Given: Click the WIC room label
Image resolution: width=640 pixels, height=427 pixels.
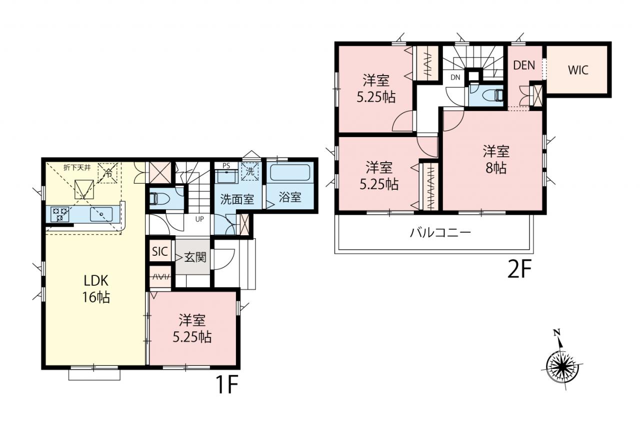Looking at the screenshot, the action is (578, 70).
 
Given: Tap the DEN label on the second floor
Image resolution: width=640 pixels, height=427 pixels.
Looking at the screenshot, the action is (524, 66).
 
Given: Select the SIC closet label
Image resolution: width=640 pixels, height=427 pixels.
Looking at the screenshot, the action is (159, 251).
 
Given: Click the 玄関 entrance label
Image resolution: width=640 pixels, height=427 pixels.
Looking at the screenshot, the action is (195, 257).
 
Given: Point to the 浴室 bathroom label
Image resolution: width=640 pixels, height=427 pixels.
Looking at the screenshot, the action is (290, 197).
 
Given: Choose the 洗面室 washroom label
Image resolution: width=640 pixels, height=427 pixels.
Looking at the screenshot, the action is (237, 199).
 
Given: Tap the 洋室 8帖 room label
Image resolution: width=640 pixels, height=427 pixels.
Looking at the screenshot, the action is (496, 160).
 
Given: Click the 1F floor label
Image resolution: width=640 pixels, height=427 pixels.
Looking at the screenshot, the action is (227, 384).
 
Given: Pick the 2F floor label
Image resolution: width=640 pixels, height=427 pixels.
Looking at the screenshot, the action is (519, 270).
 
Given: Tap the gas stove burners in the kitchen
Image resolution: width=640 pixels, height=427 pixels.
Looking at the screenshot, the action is (59, 214).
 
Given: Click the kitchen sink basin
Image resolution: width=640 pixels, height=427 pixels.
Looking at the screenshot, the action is (101, 214).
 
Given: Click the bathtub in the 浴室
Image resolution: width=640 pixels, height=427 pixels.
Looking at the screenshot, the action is (290, 173).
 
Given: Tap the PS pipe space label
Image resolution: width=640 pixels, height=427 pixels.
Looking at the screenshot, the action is (226, 166).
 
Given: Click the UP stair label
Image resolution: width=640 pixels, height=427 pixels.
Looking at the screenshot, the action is (199, 219).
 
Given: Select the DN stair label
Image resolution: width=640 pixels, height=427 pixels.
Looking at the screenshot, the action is (455, 77).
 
